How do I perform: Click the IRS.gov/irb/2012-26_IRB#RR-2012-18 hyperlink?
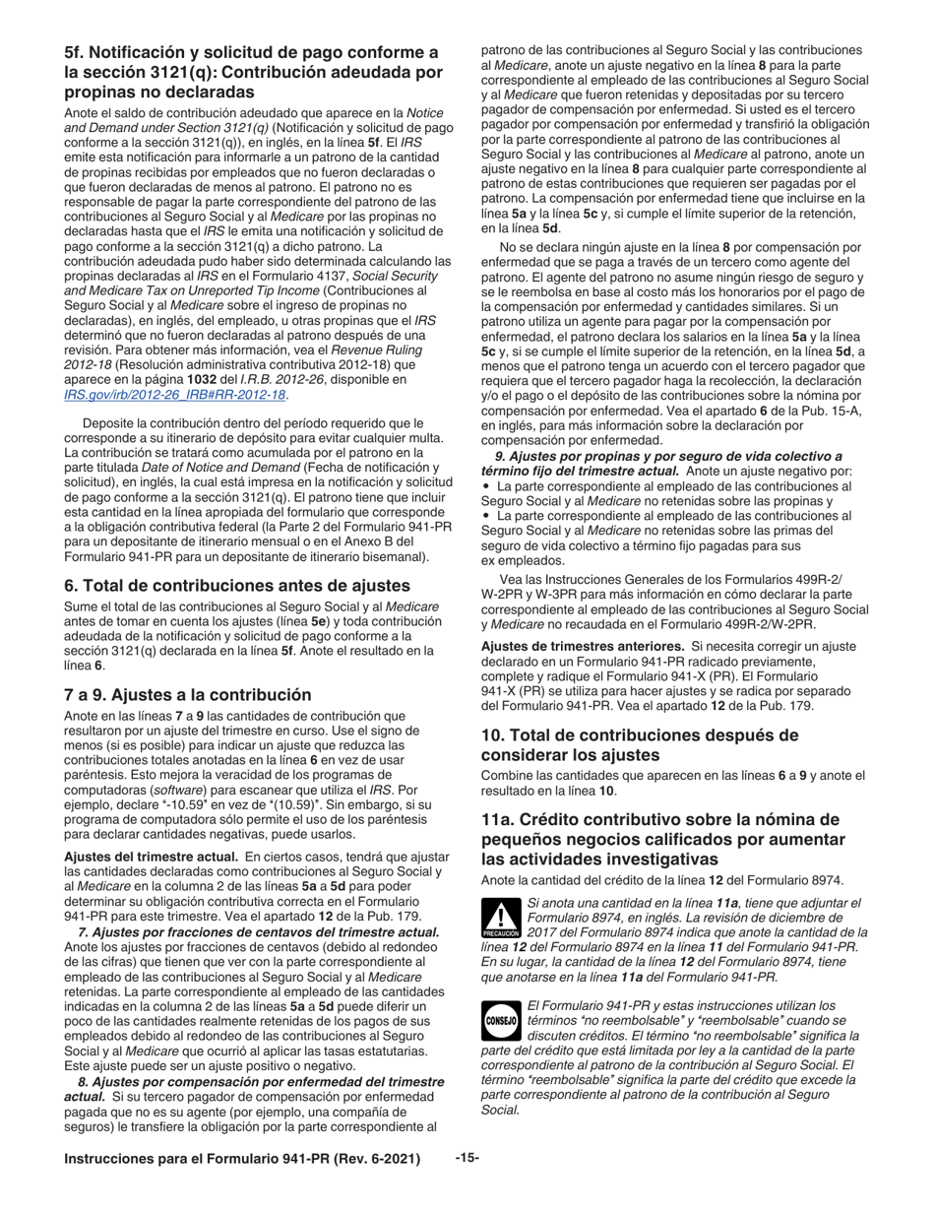pyautogui.click(x=175, y=395)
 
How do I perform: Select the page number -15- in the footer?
pyautogui.click(x=467, y=1159)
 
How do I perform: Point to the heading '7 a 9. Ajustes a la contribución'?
pyautogui.click(x=187, y=694)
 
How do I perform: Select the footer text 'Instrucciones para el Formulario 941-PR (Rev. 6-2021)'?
pyautogui.click(x=242, y=1160)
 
